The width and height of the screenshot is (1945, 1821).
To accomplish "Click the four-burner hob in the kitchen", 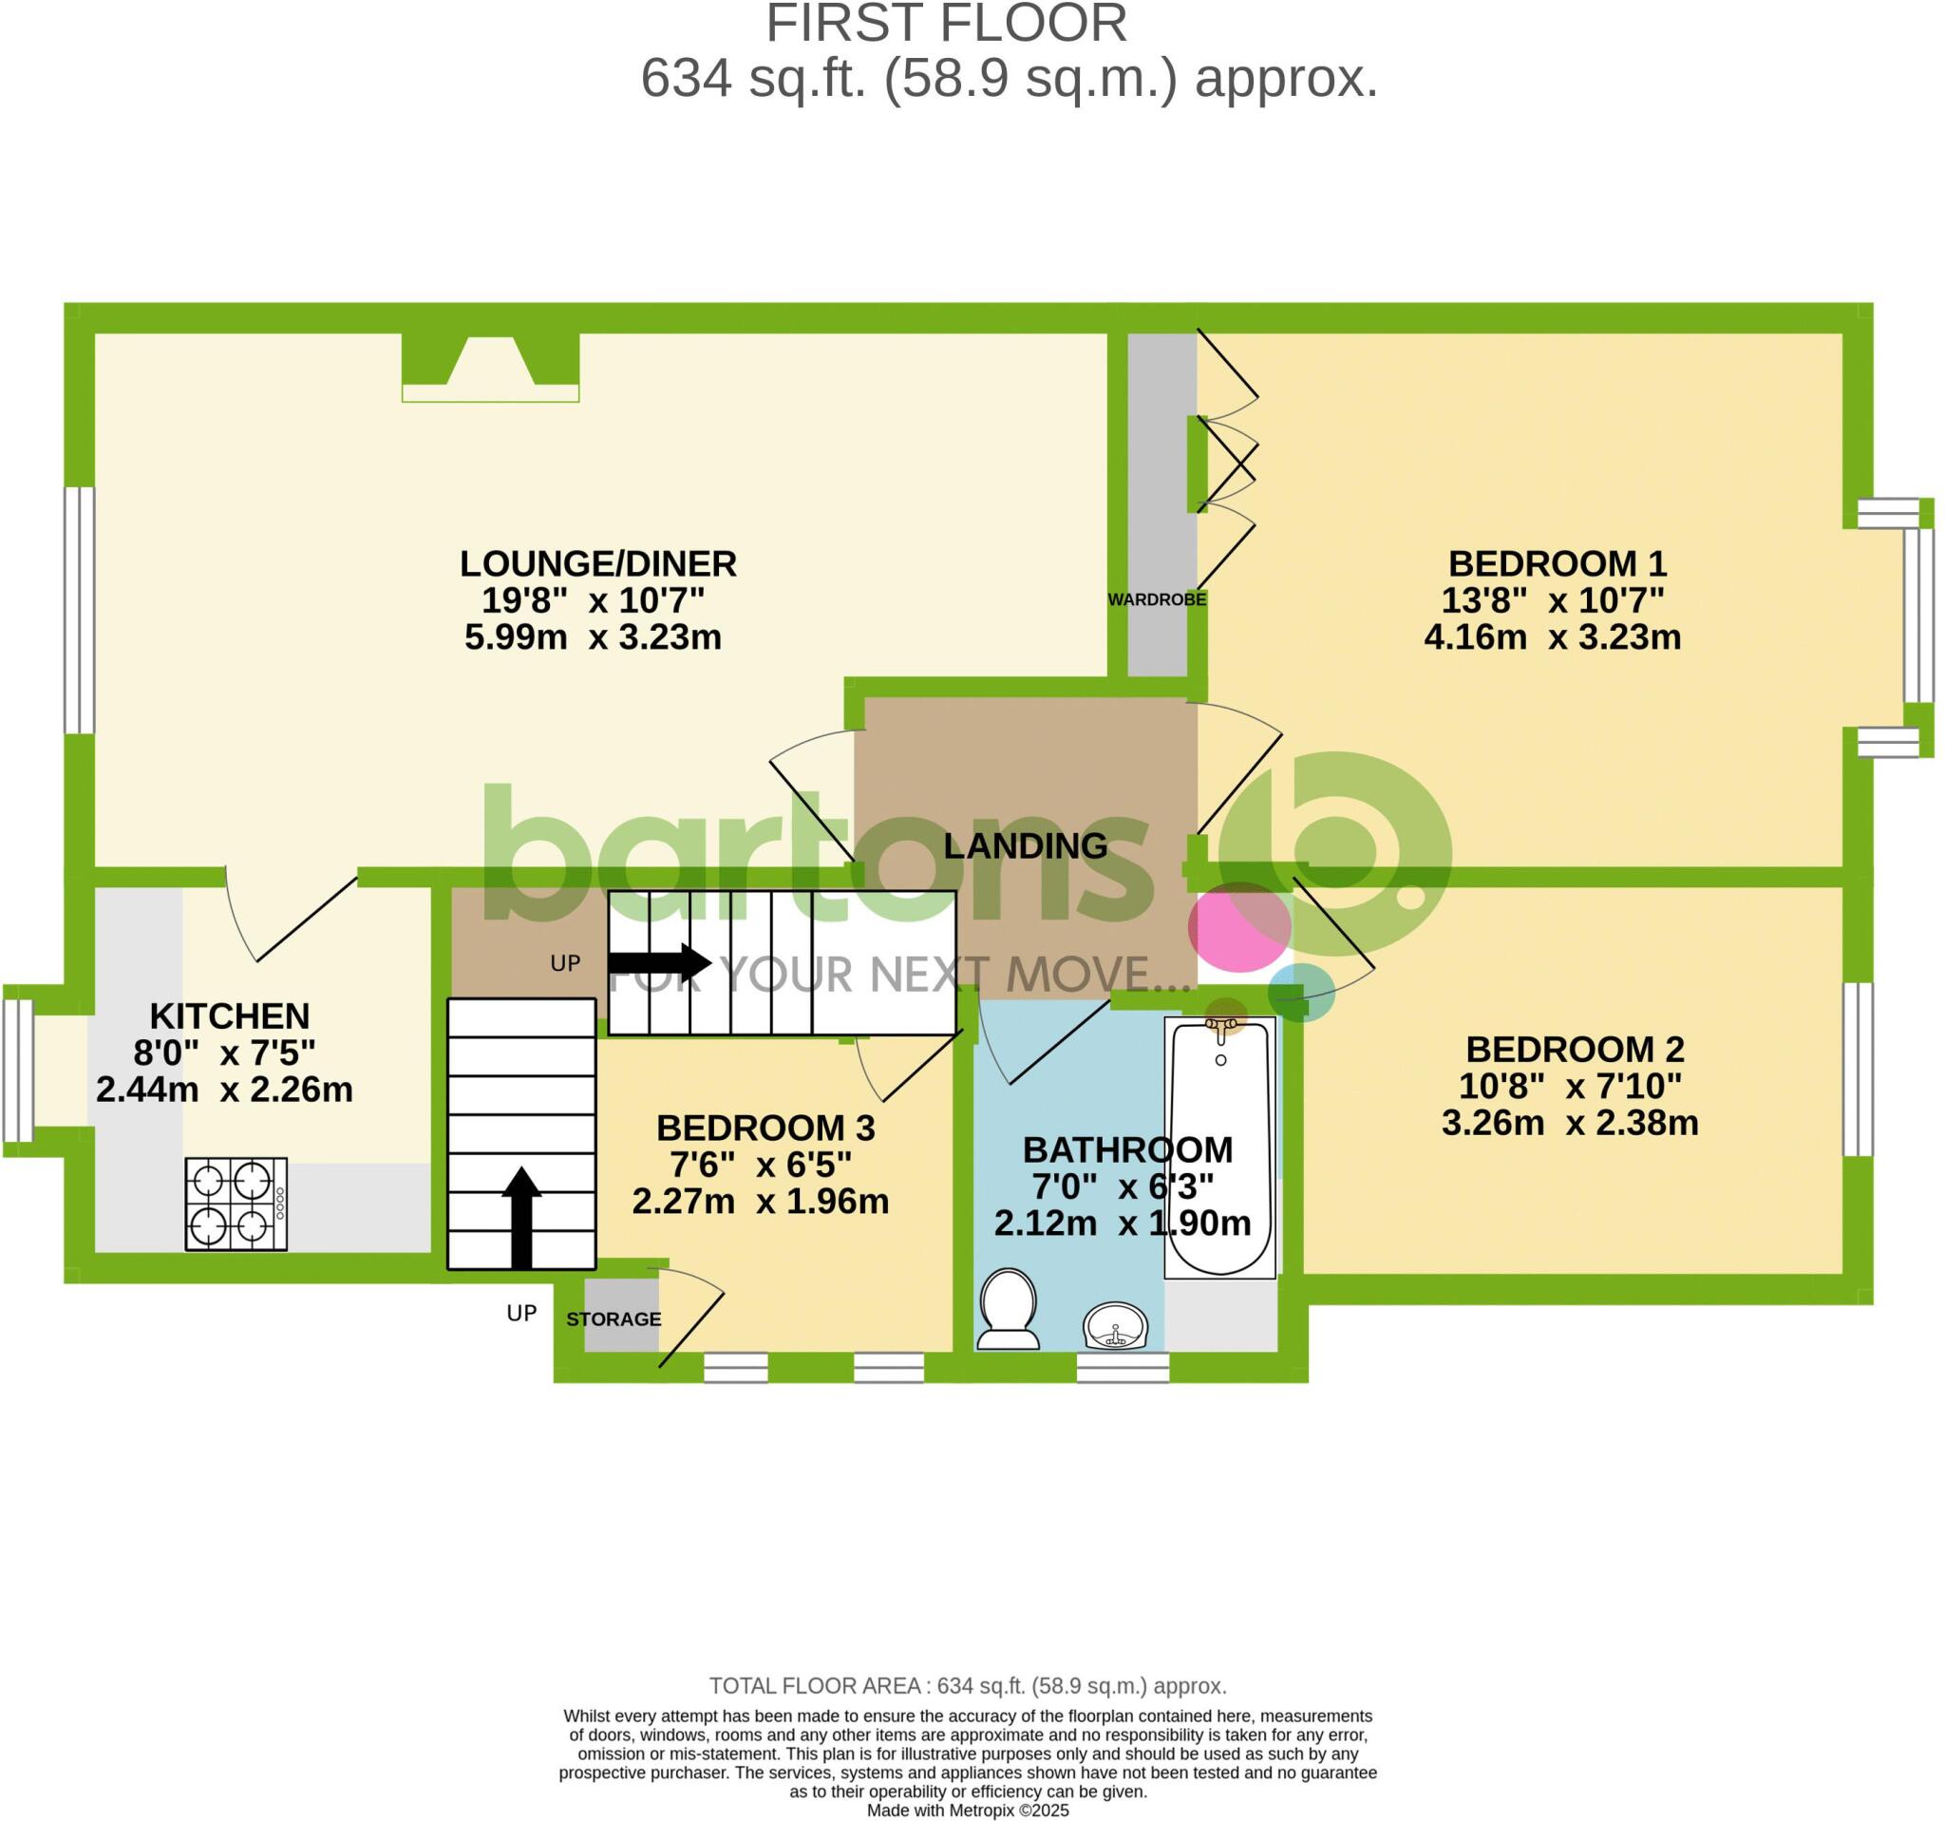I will (x=236, y=1204).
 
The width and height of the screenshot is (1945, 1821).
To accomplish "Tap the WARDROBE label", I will (x=1157, y=599).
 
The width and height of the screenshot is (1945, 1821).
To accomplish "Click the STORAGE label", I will (x=614, y=1319).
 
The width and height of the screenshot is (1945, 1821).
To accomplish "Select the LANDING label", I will (x=1025, y=845).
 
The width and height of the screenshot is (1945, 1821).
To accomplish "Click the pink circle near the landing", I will (x=1238, y=925).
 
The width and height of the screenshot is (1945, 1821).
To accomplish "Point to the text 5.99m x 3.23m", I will (x=593, y=637).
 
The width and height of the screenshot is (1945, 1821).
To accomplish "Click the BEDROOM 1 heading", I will (x=1557, y=563).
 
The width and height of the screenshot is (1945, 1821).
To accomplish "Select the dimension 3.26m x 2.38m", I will (x=1569, y=1123).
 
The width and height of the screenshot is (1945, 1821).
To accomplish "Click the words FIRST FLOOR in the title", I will (x=945, y=24).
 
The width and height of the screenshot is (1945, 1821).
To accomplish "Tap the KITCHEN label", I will (x=229, y=1015).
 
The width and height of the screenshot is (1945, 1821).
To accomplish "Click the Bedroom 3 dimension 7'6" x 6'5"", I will (x=761, y=1165).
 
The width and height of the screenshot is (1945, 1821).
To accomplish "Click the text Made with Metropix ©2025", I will (x=967, y=1810).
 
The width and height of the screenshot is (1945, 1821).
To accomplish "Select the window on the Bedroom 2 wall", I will (x=1857, y=1070).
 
